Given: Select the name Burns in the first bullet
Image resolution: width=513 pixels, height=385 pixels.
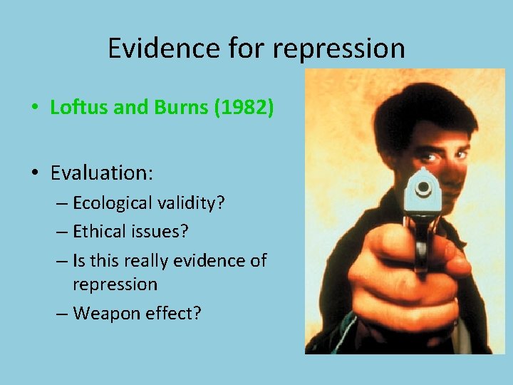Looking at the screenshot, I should tap(172, 108).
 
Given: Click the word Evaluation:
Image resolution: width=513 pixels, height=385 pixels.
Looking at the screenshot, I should tap(102, 173).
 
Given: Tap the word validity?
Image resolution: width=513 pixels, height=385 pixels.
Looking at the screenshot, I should tap(192, 203).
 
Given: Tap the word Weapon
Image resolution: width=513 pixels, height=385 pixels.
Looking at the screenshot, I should tap(106, 313).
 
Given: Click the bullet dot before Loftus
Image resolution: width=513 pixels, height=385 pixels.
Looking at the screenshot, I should tap(35, 108).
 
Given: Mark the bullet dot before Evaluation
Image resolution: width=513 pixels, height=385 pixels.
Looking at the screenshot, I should tap(35, 173).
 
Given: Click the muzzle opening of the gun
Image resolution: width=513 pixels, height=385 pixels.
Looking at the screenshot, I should tap(425, 188).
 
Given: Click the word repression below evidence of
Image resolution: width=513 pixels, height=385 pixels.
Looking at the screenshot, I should tap(115, 284).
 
